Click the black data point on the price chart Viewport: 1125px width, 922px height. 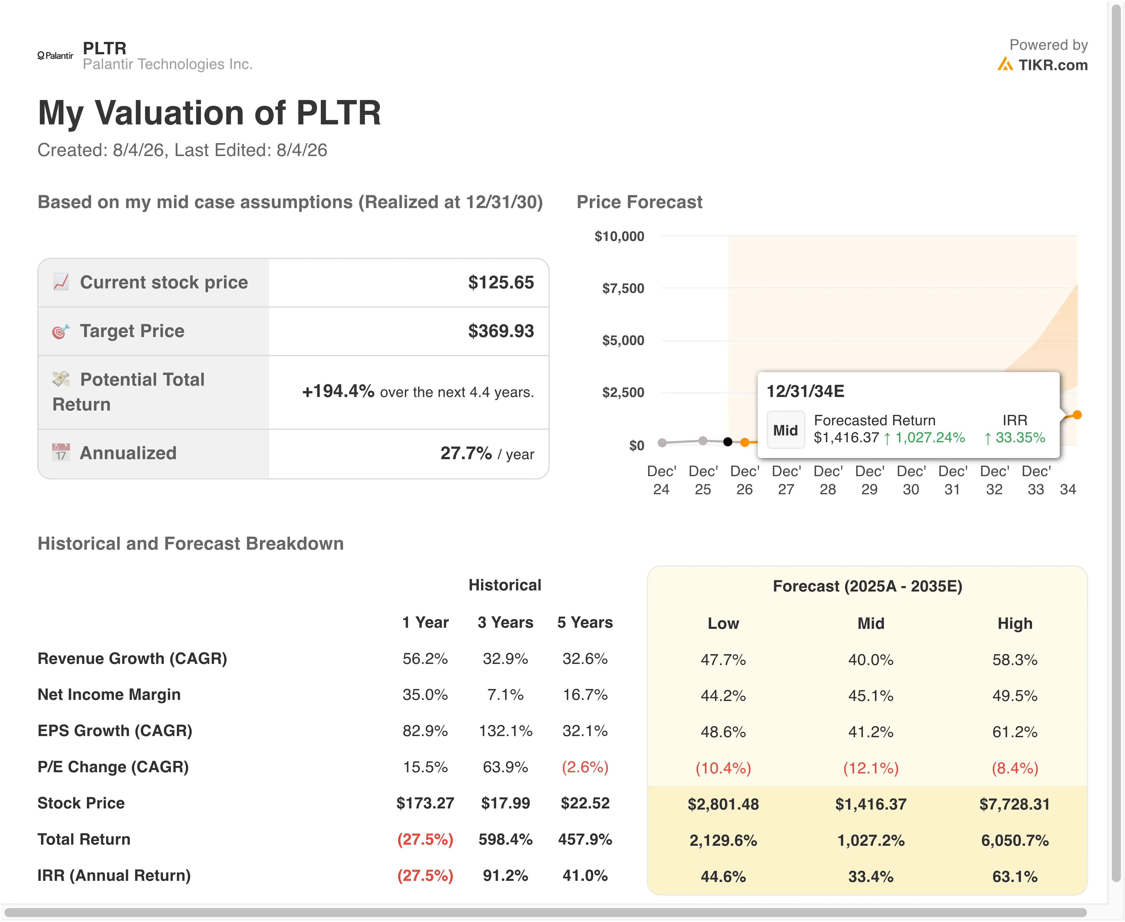click(728, 442)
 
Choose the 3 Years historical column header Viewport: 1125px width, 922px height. click(505, 623)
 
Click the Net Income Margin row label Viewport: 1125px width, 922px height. click(109, 695)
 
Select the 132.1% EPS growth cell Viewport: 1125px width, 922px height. click(505, 731)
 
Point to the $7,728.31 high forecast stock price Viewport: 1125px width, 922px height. click(1015, 804)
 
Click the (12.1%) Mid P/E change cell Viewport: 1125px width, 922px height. click(871, 768)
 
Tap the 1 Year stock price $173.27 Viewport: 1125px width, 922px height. click(425, 803)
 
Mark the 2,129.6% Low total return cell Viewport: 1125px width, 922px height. click(723, 840)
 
